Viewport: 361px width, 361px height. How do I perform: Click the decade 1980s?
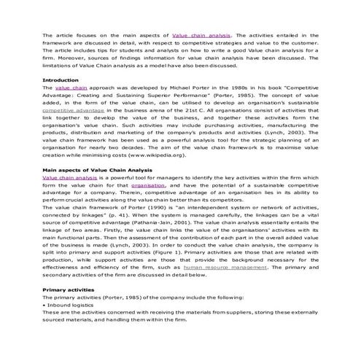[244, 108]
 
